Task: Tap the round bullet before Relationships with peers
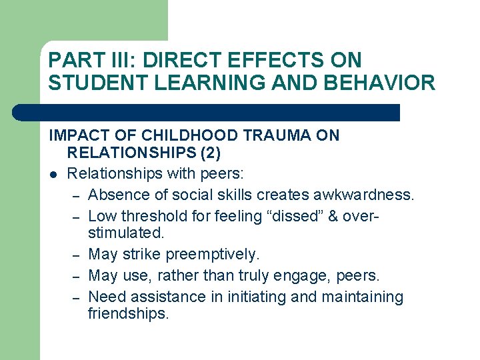(x=53, y=174)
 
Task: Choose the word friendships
(x=129, y=313)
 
